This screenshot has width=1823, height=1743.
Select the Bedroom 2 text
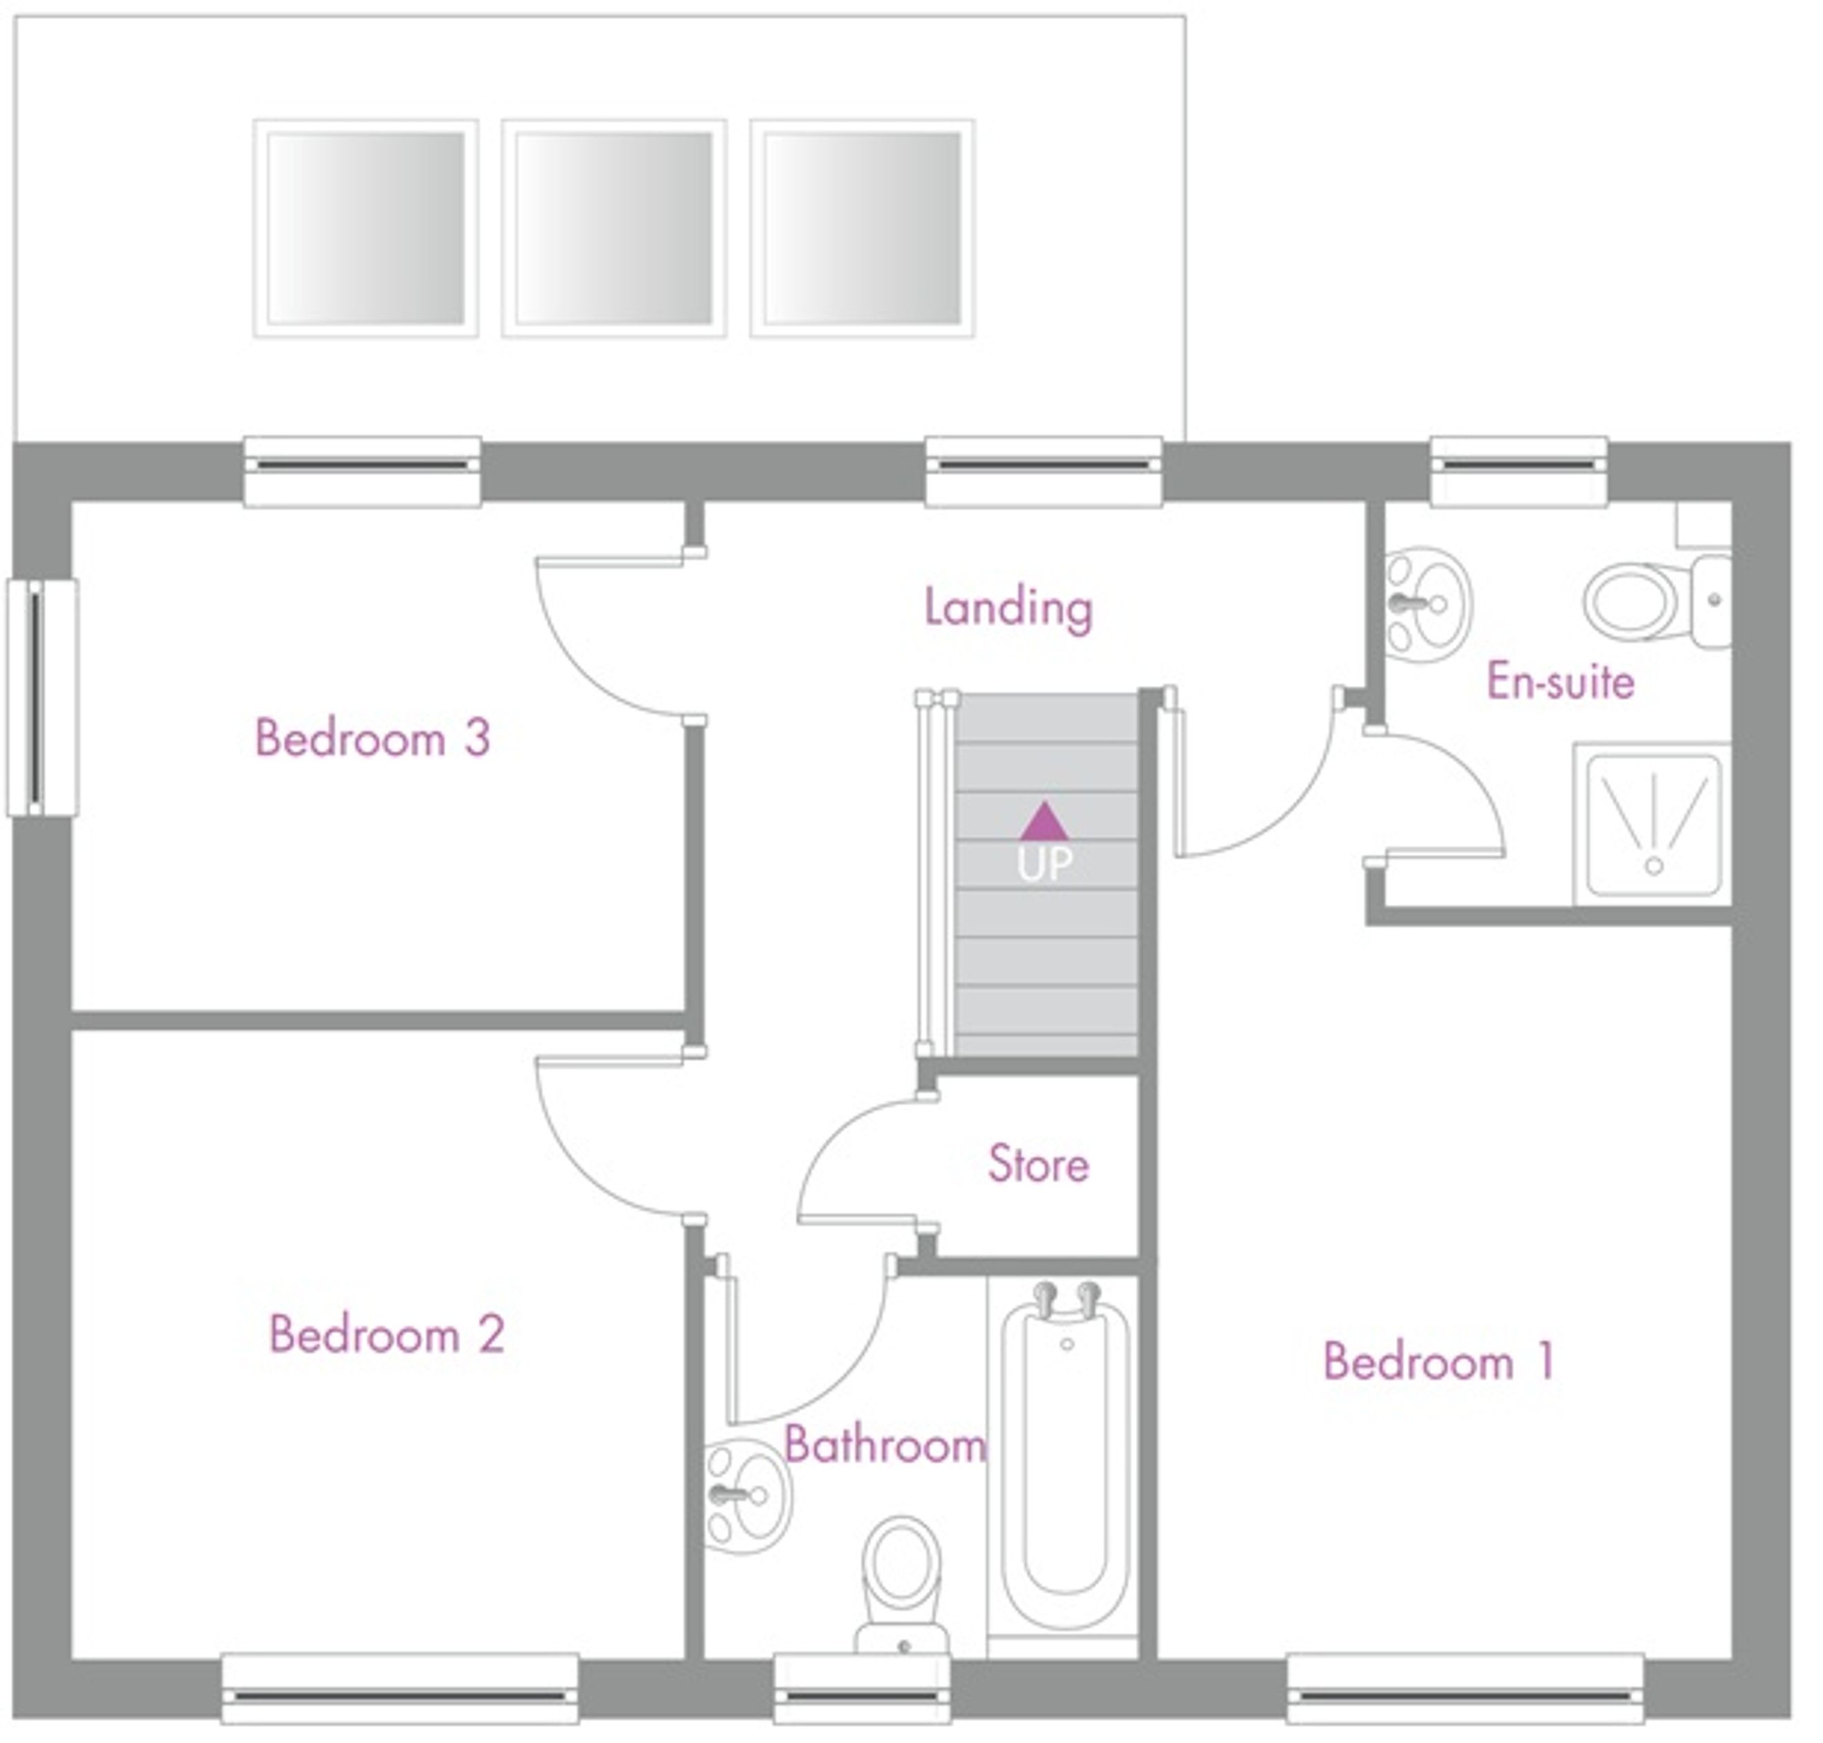coord(387,1334)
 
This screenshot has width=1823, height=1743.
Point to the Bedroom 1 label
coord(1438,1361)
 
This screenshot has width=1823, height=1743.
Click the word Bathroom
coord(885,1445)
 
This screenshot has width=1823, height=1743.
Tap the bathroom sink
coord(747,1495)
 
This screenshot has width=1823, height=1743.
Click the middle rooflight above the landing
coord(613,228)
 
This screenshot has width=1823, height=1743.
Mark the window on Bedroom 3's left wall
coord(42,697)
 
